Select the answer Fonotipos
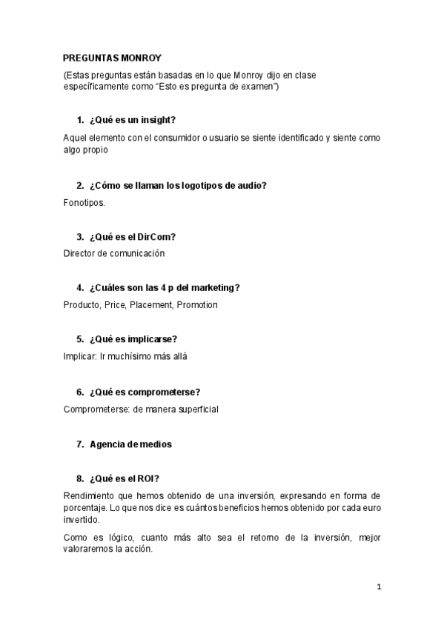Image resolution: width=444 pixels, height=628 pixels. tap(85, 201)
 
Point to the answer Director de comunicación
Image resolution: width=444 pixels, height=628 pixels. tap(114, 253)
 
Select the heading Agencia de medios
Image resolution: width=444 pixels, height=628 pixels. tap(130, 444)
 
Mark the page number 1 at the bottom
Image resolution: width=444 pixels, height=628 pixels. tap(379, 587)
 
